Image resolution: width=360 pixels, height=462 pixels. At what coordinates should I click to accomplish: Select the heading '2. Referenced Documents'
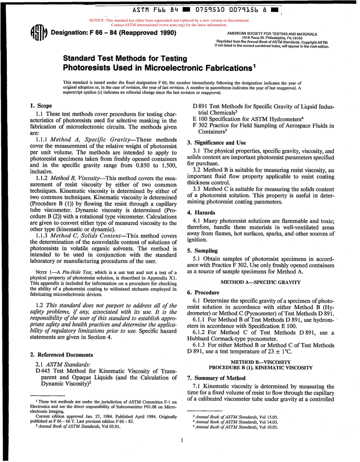[61, 355]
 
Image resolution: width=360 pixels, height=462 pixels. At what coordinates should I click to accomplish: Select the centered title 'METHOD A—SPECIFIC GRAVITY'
[260, 282]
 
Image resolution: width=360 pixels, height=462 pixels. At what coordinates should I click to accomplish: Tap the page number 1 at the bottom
[182, 440]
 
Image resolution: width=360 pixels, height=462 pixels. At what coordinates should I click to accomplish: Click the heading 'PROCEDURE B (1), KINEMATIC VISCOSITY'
[261, 368]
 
